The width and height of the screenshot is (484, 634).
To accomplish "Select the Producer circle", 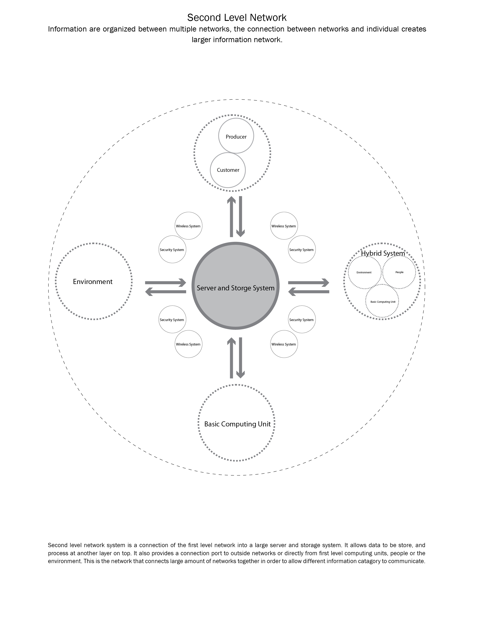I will click(x=236, y=136).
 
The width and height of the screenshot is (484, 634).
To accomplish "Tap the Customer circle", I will click(x=228, y=170).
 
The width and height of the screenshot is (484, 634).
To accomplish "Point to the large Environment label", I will click(x=93, y=282).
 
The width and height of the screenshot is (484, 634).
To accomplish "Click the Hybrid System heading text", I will click(x=383, y=253).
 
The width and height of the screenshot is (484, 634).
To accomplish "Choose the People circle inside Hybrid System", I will click(x=399, y=272).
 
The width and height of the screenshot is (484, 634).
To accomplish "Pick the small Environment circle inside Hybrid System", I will click(x=364, y=273).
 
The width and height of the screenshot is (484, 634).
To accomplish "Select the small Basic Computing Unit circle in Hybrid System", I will click(x=383, y=302).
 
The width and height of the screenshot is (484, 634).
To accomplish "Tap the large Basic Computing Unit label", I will click(x=237, y=424).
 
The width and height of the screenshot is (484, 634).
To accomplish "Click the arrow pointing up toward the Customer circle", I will click(x=231, y=217).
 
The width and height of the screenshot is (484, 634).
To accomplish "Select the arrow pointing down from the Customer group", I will click(x=241, y=217).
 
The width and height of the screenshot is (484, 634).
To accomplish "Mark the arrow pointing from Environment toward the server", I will click(x=166, y=283).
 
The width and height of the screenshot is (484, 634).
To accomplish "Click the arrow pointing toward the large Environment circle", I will click(x=166, y=292).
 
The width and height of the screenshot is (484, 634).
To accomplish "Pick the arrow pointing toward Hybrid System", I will click(x=309, y=283).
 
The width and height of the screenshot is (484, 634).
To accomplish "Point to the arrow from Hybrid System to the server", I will click(x=309, y=292).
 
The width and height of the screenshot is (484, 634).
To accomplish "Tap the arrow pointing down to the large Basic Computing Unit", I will click(x=241, y=358).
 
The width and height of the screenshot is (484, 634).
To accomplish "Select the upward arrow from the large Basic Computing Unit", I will click(x=231, y=358).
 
